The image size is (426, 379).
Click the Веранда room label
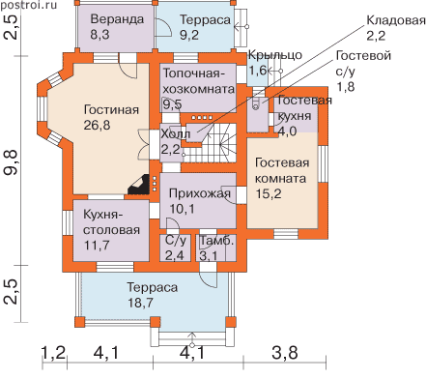pyautogui.click(x=117, y=19)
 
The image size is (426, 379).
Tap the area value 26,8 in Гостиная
pyautogui.click(x=97, y=125)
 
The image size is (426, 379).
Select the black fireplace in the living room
pyautogui.click(x=139, y=185)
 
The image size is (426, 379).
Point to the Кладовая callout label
pyautogui.click(x=396, y=20)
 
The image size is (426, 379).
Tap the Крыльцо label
pyautogui.click(x=275, y=55)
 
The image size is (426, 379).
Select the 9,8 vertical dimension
pyautogui.click(x=11, y=163)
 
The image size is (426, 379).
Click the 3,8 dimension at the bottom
pyautogui.click(x=285, y=353)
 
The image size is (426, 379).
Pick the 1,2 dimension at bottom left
pyautogui.click(x=54, y=353)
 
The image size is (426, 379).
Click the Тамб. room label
pyautogui.click(x=216, y=241)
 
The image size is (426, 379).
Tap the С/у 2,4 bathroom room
pyautogui.click(x=176, y=248)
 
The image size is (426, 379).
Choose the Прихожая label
pyautogui.click(x=200, y=193)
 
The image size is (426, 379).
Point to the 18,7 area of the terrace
pyautogui.click(x=140, y=303)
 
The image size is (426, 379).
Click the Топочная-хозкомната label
pyautogui.click(x=199, y=81)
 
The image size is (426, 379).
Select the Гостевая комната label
pyautogui.click(x=282, y=170)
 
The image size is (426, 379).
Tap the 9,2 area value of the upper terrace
pyautogui.click(x=189, y=35)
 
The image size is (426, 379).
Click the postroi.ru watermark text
pyautogui.click(x=28, y=5)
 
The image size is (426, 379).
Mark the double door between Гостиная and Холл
pyautogui.click(x=144, y=144)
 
